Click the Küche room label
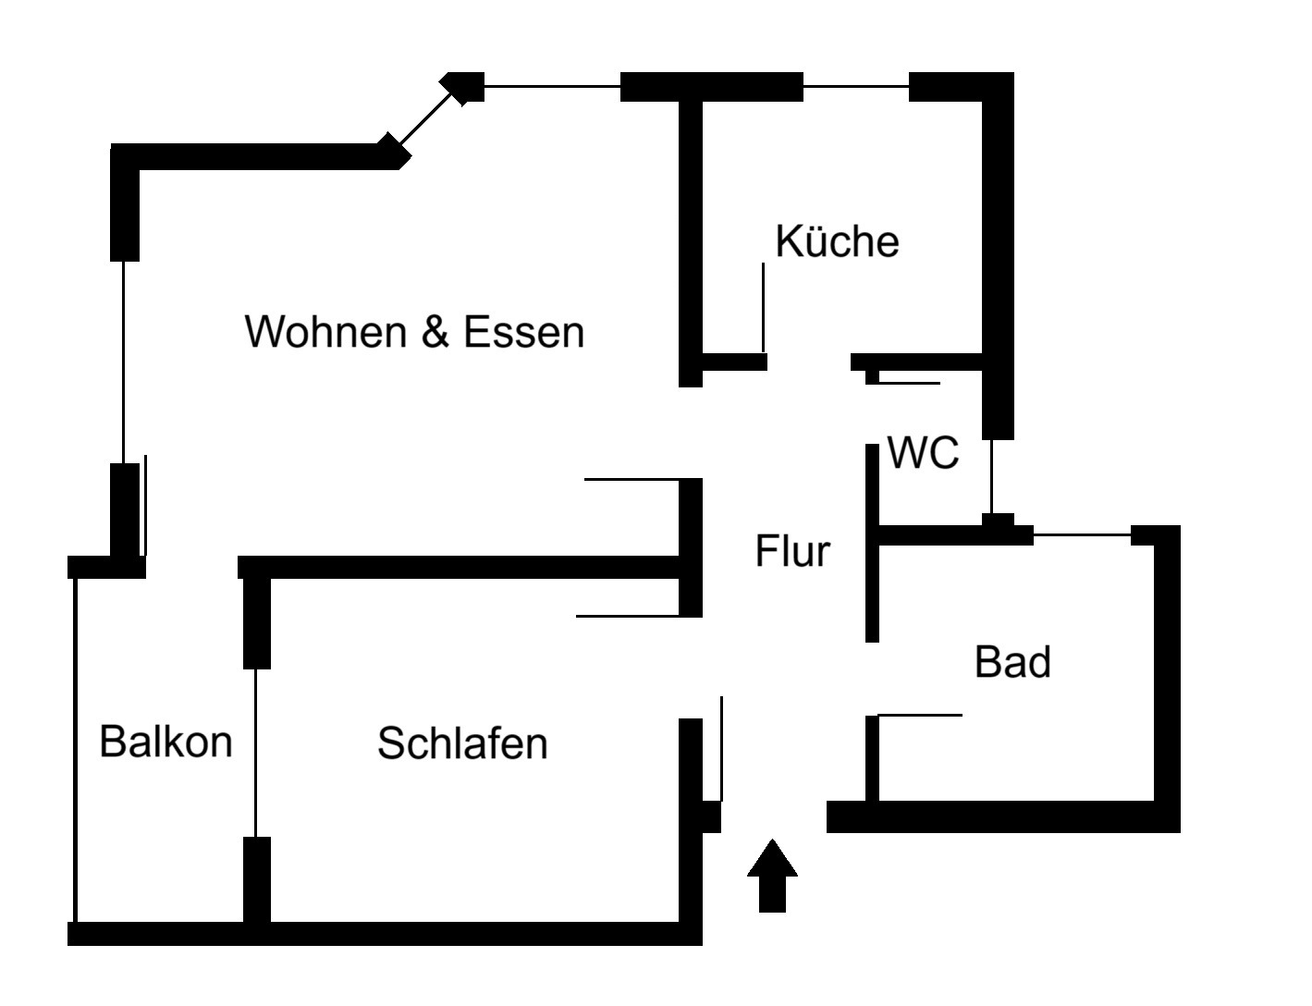pyautogui.click(x=837, y=241)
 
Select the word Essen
pyautogui.click(x=523, y=332)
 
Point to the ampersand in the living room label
pyautogui.click(x=435, y=332)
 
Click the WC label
pyautogui.click(x=923, y=453)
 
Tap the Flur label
pyautogui.click(x=792, y=551)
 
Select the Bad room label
pyautogui.click(x=1012, y=663)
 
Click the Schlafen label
pyautogui.click(x=462, y=743)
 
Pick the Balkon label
pyautogui.click(x=166, y=742)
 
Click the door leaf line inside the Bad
pyautogui.click(x=920, y=715)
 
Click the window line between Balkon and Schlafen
pyautogui.click(x=256, y=753)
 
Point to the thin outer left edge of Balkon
pyautogui.click(x=75, y=749)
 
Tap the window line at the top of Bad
pyautogui.click(x=1082, y=534)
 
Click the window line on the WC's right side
pyautogui.click(x=992, y=476)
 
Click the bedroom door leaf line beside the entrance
pyautogui.click(x=721, y=749)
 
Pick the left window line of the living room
pyautogui.click(x=124, y=361)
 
